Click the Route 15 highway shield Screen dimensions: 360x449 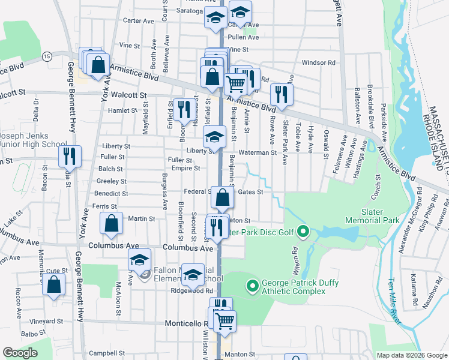point(46,56)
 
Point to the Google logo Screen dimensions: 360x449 point(20,353)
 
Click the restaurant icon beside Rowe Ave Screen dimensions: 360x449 point(282,94)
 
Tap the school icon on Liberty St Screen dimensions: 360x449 point(214,137)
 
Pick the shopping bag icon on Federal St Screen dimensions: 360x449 point(222,196)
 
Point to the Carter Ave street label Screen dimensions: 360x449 point(139,20)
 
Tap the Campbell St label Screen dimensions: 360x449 point(109,354)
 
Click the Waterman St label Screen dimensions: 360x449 point(257,152)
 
